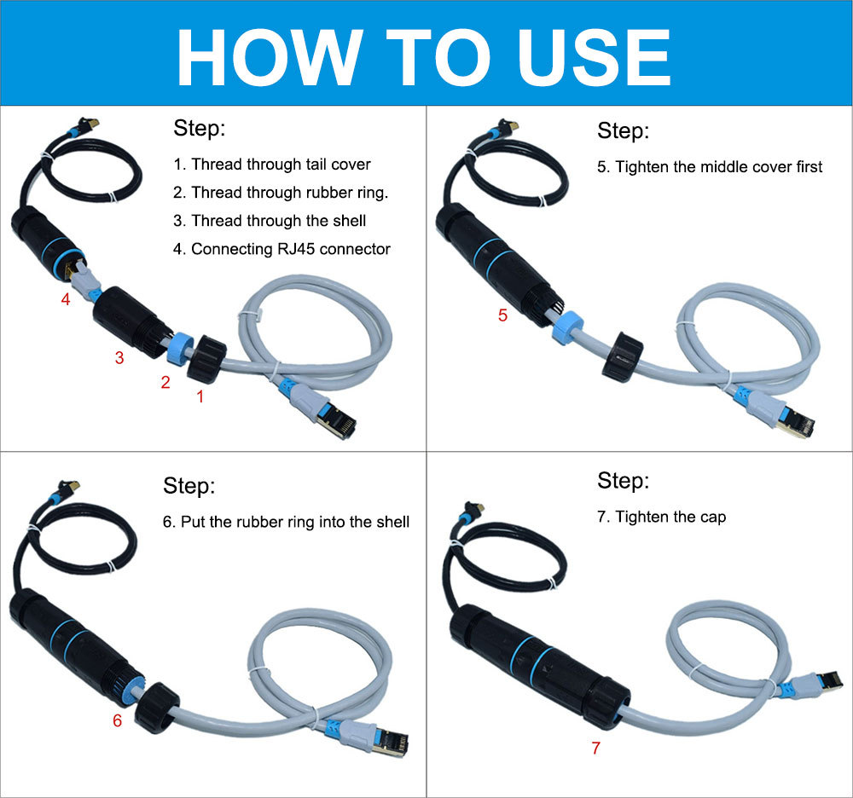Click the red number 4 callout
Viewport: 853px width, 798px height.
(66, 299)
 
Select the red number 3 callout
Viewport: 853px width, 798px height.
(119, 359)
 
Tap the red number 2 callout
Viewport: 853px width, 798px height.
(165, 383)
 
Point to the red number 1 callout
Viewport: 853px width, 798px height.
(200, 396)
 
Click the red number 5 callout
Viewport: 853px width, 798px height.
(502, 315)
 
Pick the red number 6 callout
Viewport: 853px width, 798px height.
(117, 720)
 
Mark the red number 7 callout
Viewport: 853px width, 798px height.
(595, 749)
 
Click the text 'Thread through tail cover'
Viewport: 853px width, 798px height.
(281, 164)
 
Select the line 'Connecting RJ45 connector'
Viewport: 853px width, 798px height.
(290, 249)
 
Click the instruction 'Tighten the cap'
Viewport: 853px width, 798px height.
(670, 517)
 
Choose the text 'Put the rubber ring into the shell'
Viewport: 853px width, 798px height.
(294, 522)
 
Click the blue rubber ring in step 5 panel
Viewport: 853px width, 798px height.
(566, 327)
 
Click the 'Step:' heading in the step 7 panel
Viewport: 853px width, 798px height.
(623, 481)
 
